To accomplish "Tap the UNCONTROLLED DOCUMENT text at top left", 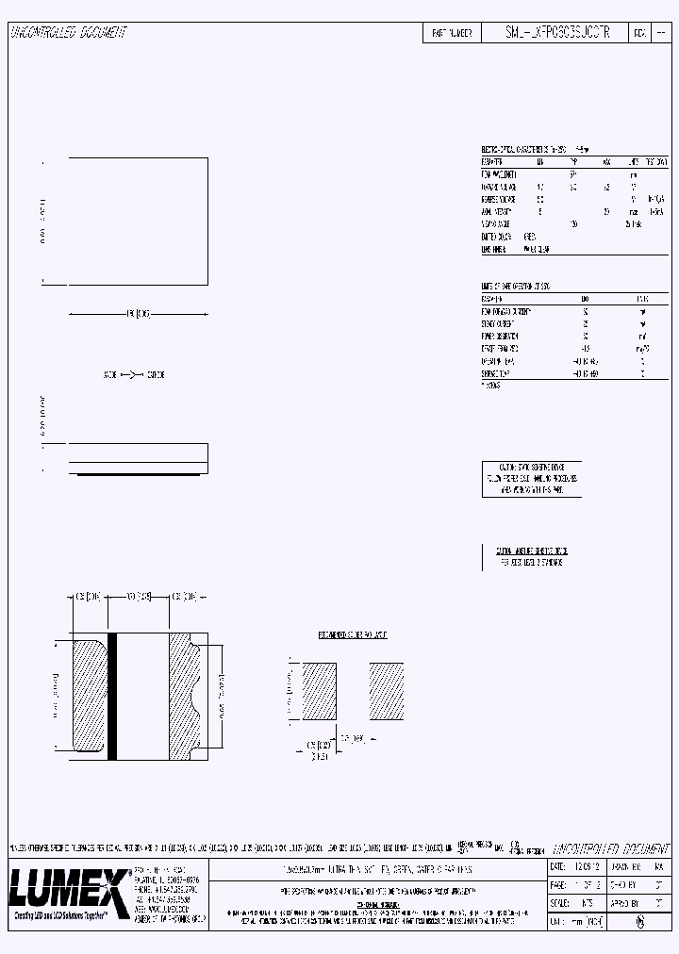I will (68, 33).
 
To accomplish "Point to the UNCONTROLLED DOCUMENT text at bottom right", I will (609, 848).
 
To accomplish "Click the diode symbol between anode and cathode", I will (132, 374).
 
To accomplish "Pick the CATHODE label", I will (155, 374).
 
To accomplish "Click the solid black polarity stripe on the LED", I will (112, 697).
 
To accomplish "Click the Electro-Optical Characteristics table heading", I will (523, 149).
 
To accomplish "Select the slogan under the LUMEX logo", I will (59, 914).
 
